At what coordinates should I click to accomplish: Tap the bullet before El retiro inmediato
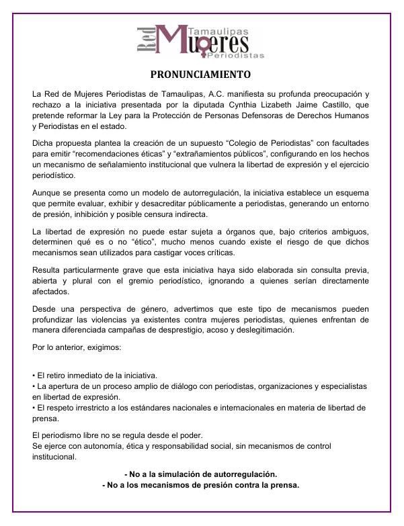[x=34, y=376]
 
